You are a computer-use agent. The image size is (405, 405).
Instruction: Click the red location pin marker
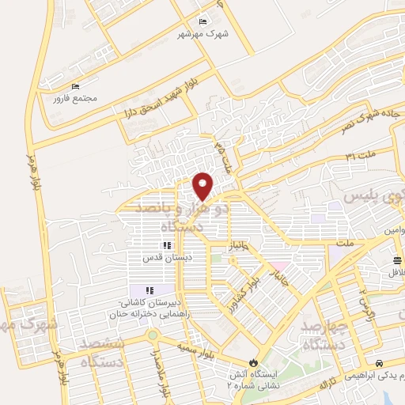point(203,185)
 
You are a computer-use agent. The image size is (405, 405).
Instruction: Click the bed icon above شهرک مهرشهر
point(204,21)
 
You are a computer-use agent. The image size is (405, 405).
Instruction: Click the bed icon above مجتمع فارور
point(76,86)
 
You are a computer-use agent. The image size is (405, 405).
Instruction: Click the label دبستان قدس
point(163,259)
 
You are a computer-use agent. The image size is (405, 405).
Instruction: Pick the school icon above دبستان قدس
point(166,246)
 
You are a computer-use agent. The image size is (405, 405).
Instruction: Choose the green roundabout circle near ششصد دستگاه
point(151,337)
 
